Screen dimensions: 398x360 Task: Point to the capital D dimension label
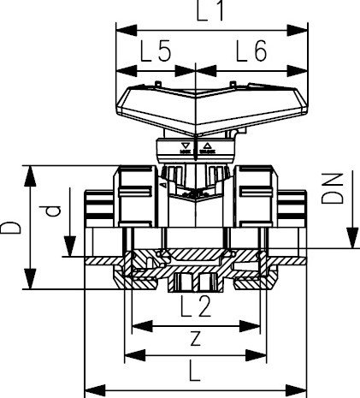(x=12, y=228)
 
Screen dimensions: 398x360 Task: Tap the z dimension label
(x=196, y=337)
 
